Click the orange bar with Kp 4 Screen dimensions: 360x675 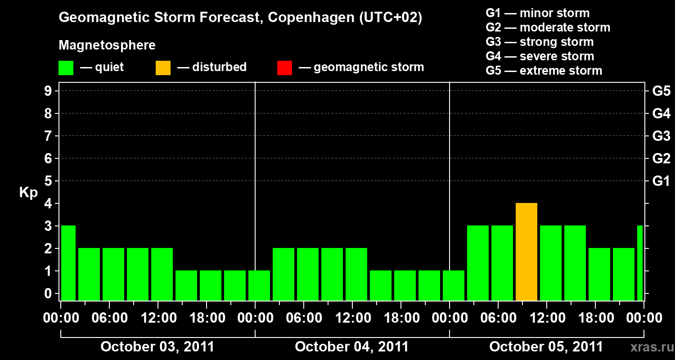coord(526,252)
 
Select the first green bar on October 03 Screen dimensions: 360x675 coord(68,263)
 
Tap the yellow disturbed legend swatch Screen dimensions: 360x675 coord(163,67)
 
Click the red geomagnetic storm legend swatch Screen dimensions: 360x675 coord(284,67)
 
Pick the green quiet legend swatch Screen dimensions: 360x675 coord(66,67)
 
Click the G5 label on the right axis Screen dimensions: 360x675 coord(661,91)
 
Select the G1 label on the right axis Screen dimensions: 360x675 coord(661,181)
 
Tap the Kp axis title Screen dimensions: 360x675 coord(28,193)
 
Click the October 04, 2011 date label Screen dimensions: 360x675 coord(351,347)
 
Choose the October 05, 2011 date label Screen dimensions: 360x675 coord(546,347)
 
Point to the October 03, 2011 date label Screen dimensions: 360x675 coord(157,347)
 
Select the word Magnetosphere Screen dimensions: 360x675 coord(107,45)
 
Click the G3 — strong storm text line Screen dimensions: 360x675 coord(540,42)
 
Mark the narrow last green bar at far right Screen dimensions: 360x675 coord(640,263)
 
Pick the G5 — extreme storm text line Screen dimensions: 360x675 coord(544,71)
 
